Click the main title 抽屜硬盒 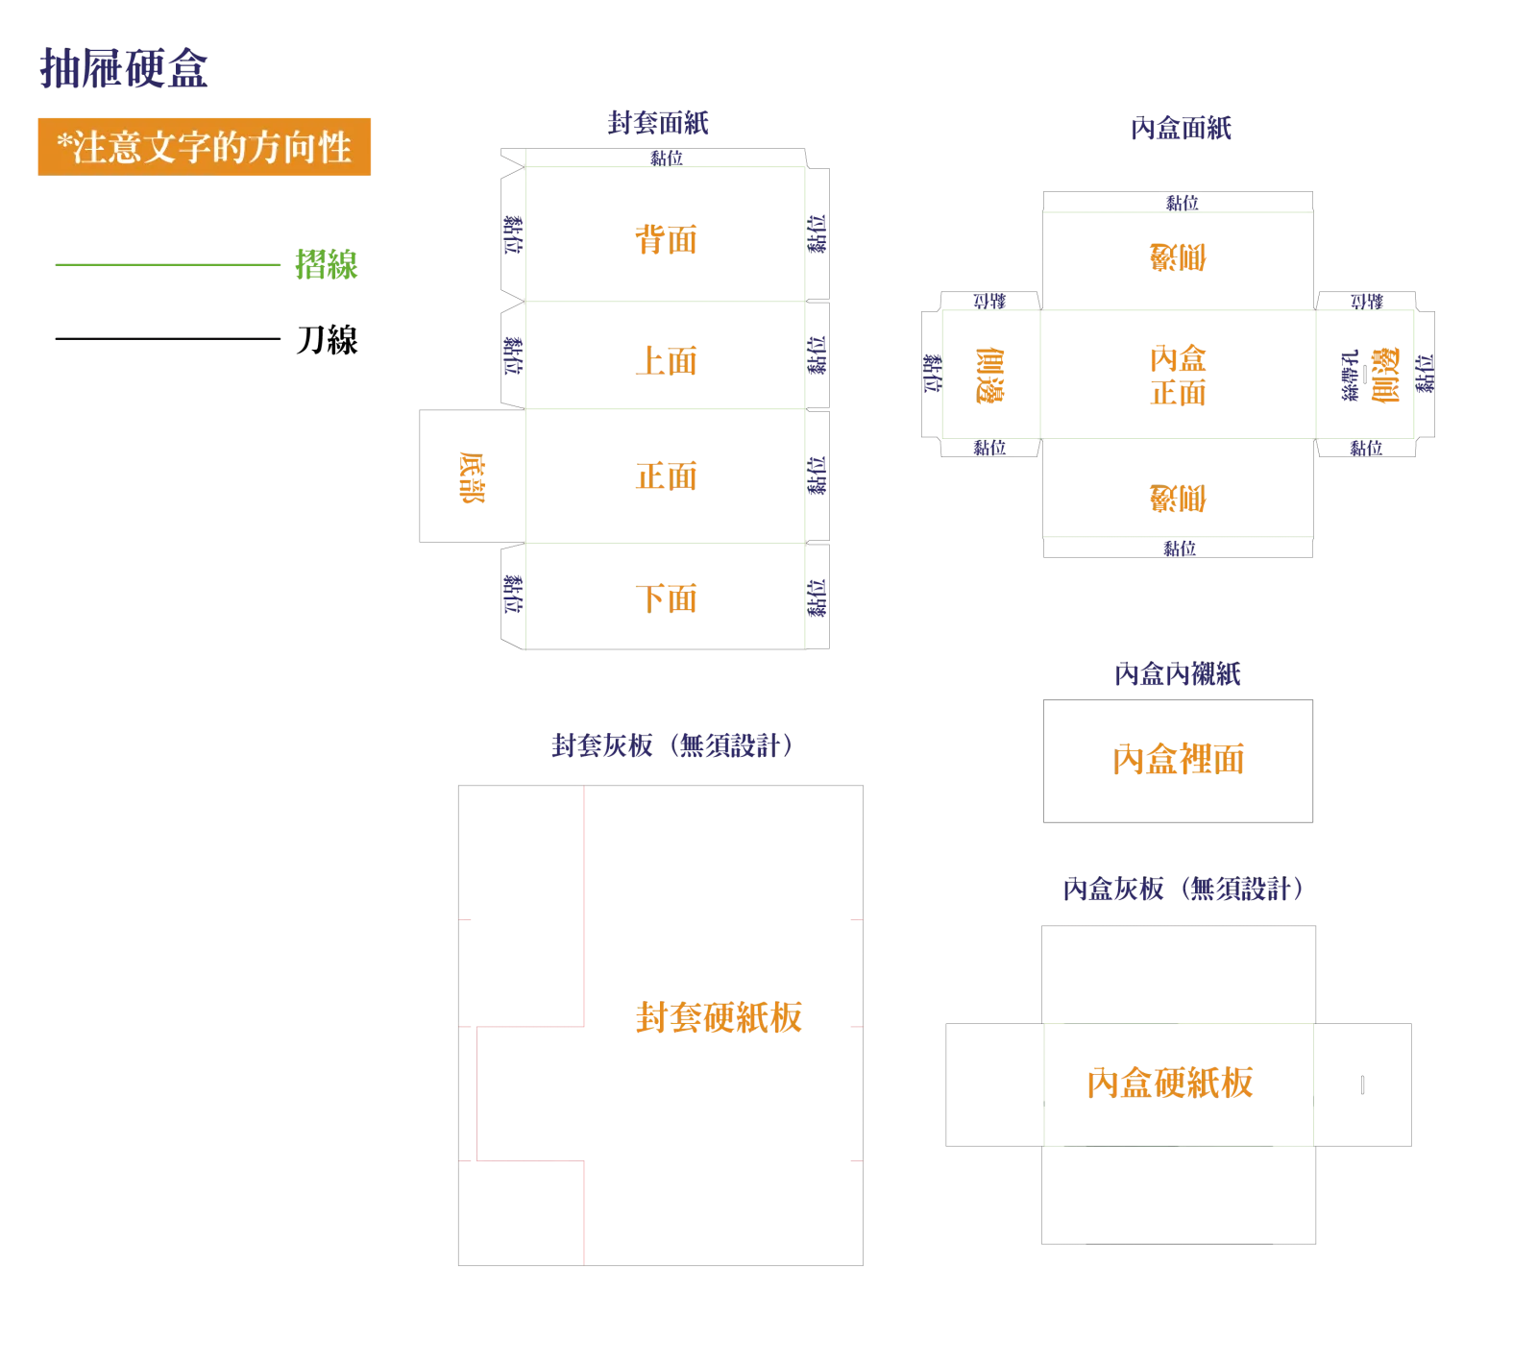(124, 68)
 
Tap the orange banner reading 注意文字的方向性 (204, 147)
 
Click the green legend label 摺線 (327, 264)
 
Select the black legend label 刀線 (327, 339)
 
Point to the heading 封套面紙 (658, 123)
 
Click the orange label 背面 (666, 239)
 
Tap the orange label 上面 (666, 361)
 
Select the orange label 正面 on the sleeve (666, 476)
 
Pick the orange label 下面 (666, 598)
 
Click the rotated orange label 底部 (472, 477)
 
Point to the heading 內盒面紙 (1181, 128)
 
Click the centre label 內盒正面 (1178, 376)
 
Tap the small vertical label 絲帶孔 (1350, 375)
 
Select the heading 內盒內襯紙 (1178, 673)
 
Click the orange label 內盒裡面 (1178, 760)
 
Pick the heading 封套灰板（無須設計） (672, 745)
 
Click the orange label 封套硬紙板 (719, 1017)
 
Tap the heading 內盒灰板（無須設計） (1183, 889)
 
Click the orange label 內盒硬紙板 (1170, 1083)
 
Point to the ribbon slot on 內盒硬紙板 (1362, 1085)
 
